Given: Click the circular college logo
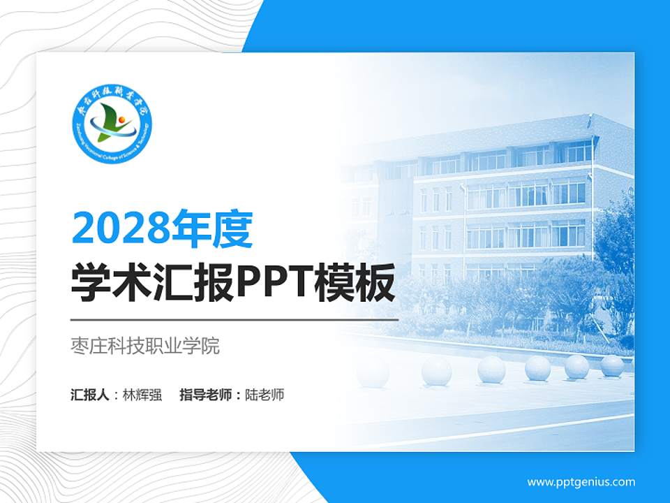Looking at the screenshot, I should coord(112,126).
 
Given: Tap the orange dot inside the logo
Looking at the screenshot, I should coord(121,120).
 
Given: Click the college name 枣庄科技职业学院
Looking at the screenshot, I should coord(145,346).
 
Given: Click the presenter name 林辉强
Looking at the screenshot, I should coord(142,395).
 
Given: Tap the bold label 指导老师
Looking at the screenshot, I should coord(205,395).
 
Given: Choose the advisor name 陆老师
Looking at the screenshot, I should coord(265,395).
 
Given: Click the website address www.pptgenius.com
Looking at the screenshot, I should coord(581,481).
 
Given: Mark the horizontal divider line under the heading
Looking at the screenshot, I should coord(234,319).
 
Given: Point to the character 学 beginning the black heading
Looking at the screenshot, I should coord(92,283).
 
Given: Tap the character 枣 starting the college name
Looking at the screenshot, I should coord(80,346).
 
